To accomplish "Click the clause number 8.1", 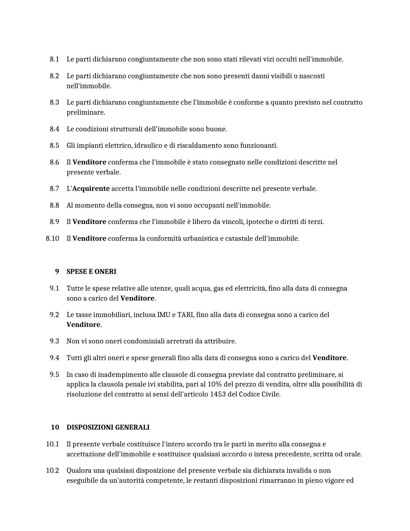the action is [x=54, y=59].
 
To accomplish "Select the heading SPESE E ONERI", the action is [x=91, y=272].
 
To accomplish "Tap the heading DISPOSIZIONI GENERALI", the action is [x=108, y=427].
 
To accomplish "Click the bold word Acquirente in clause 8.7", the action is [x=91, y=189].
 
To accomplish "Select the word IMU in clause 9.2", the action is [x=164, y=315].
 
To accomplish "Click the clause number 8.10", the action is [x=53, y=238].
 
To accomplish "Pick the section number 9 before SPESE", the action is [x=57, y=272].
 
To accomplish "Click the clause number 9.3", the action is [x=54, y=341].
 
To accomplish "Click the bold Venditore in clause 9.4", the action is [x=329, y=358].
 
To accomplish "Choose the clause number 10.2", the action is [x=53, y=470].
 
